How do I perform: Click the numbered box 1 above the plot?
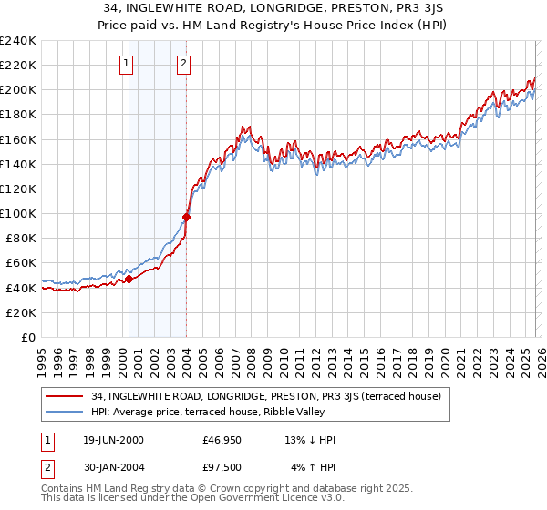point(125,63)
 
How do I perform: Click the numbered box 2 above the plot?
point(183,63)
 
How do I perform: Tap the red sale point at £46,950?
point(129,280)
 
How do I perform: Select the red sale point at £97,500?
point(187,217)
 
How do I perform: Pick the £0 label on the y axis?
point(27,337)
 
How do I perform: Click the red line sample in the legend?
point(65,396)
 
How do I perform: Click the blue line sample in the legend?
point(65,412)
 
